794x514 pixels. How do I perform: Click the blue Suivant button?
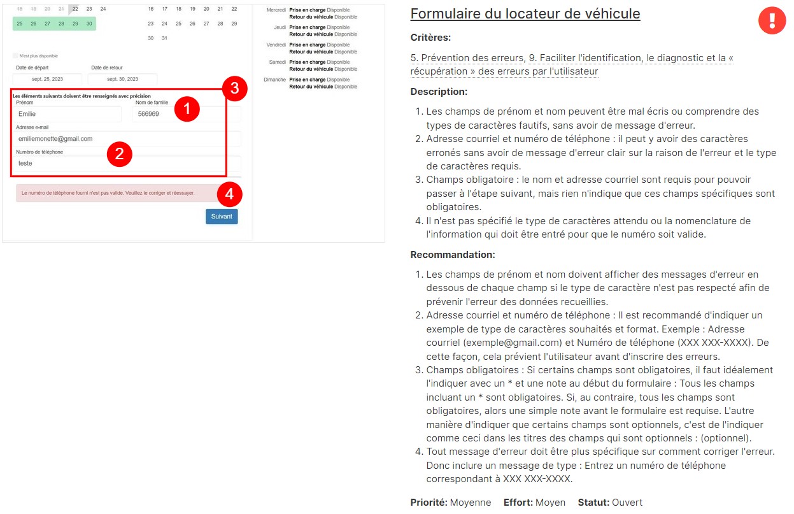coord(222,217)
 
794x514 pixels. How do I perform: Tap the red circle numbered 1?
coord(187,109)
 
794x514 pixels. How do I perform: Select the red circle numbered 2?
coord(119,154)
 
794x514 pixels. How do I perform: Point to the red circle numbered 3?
coord(234,89)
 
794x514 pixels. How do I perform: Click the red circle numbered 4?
coord(230,194)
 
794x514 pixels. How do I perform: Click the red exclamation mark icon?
coord(772,21)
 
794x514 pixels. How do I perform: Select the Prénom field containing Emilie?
coord(68,115)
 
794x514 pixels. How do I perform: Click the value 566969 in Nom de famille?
coord(148,115)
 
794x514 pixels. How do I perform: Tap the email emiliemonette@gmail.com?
coord(55,139)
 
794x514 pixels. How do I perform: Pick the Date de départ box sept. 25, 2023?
coord(48,80)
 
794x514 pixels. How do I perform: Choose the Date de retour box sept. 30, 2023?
coord(122,80)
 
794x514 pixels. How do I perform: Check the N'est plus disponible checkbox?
coord(15,56)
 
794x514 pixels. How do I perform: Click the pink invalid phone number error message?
coord(108,192)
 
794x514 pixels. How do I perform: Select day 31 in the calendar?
coord(164,38)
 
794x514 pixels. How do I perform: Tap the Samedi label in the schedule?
coord(278,62)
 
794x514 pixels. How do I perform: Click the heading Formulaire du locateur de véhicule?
coord(525,14)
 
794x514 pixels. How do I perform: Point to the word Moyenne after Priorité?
coord(471,503)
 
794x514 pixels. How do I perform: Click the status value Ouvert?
coord(627,503)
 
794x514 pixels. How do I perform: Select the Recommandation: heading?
coord(453,255)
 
